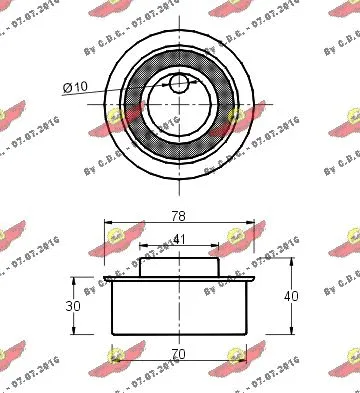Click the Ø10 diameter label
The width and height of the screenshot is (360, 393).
77,88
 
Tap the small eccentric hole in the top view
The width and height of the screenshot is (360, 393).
179,83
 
